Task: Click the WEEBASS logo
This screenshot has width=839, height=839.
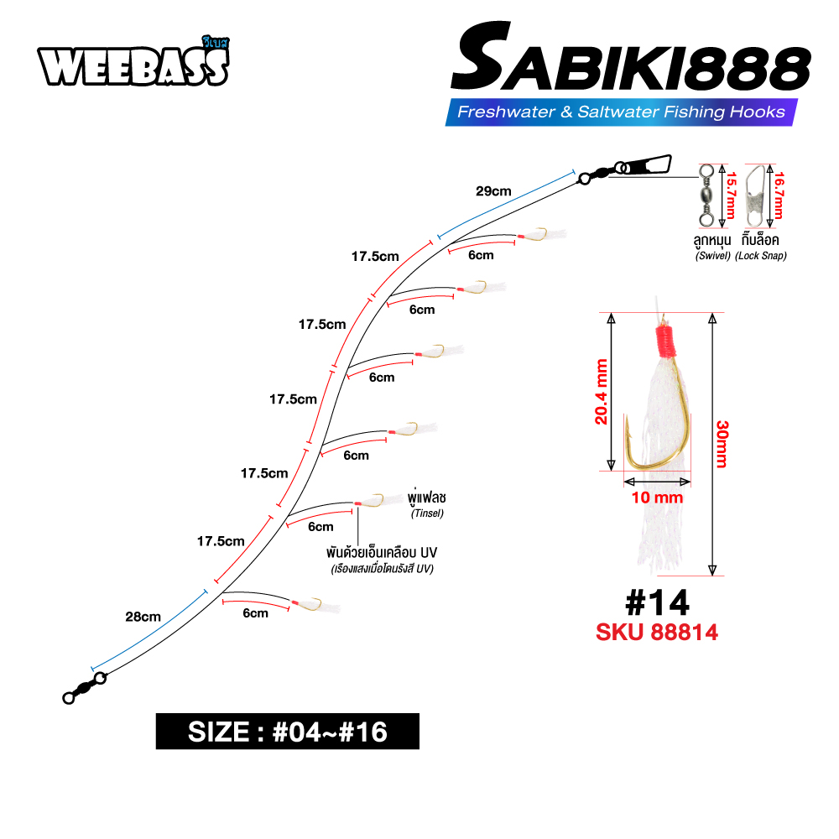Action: click(x=133, y=63)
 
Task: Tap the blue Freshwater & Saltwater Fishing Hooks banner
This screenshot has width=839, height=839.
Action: click(x=621, y=112)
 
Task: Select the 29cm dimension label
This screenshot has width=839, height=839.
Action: click(x=493, y=191)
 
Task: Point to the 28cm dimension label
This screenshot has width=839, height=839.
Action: click(x=143, y=617)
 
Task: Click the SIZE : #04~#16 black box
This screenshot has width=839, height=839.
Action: click(x=287, y=732)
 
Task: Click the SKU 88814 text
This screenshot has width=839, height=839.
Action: click(x=657, y=632)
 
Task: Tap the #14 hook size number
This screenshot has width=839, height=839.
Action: click(x=658, y=603)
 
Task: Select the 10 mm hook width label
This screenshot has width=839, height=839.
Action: click(x=657, y=498)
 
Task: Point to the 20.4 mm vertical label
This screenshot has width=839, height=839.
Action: click(x=602, y=392)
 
